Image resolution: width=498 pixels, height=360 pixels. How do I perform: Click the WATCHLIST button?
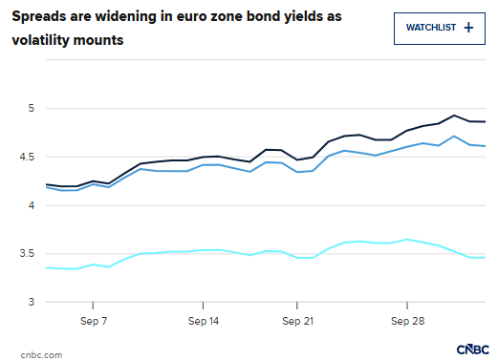click(x=440, y=29)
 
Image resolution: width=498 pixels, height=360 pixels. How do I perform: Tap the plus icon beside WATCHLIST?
click(x=468, y=28)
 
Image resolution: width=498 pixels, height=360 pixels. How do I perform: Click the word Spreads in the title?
click(x=39, y=16)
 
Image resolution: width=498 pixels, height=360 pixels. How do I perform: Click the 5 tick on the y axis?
click(x=32, y=108)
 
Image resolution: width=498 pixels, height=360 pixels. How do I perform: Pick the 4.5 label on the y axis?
click(x=27, y=157)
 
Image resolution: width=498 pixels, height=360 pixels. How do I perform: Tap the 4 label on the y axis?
click(x=32, y=205)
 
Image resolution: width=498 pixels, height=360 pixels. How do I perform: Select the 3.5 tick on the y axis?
click(x=27, y=253)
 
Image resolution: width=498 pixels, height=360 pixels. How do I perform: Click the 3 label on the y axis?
click(x=32, y=302)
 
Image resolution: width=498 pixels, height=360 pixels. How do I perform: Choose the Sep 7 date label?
click(x=94, y=321)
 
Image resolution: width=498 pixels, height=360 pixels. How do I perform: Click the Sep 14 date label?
click(x=204, y=321)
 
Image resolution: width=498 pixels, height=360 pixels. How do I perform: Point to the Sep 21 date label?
click(x=297, y=321)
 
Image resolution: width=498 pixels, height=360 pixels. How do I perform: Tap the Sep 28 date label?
click(x=408, y=321)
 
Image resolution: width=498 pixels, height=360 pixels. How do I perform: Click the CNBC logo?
click(x=473, y=349)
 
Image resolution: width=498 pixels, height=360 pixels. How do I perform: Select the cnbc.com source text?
click(x=41, y=355)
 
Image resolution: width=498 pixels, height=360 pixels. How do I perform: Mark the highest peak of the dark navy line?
click(x=454, y=116)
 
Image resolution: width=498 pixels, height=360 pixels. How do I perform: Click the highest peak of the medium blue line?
click(x=454, y=137)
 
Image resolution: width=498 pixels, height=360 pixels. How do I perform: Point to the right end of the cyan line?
click(x=485, y=258)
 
